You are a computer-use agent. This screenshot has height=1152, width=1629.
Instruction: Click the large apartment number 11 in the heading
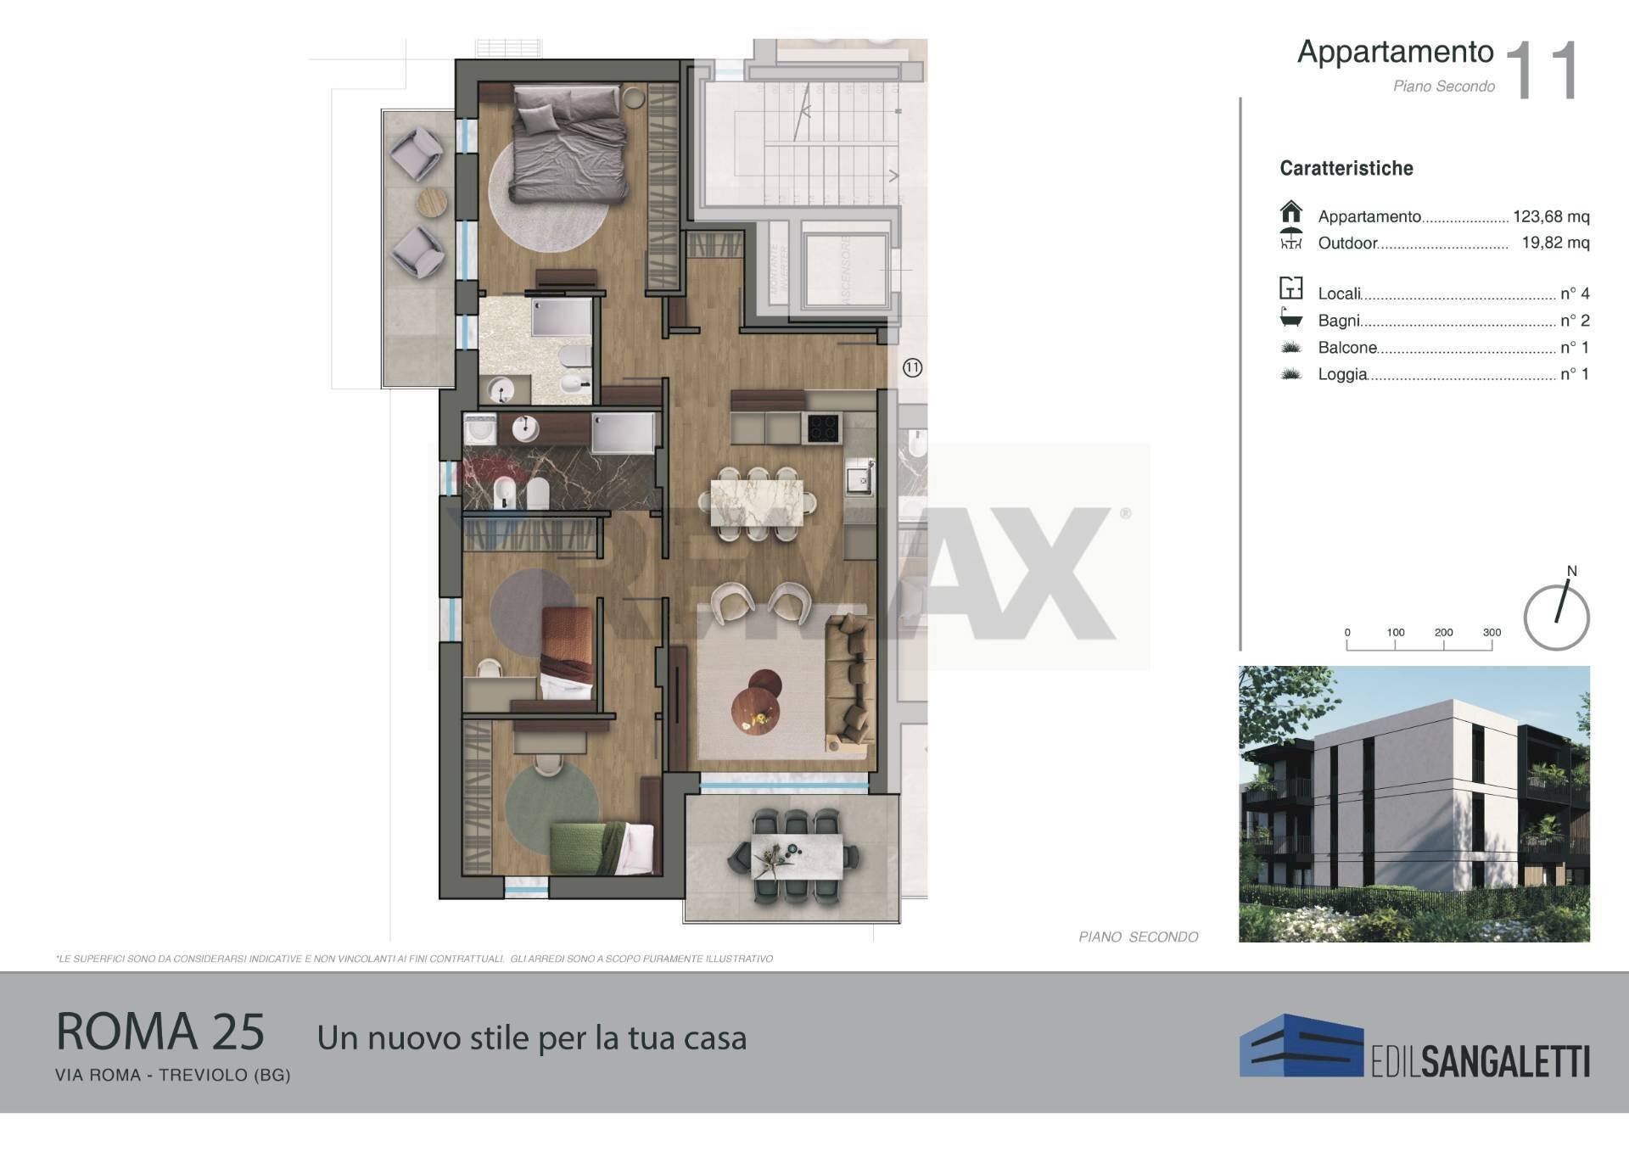point(1542,72)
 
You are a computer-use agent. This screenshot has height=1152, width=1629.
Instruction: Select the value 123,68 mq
point(1550,216)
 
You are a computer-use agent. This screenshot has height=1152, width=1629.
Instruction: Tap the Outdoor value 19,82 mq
point(1554,243)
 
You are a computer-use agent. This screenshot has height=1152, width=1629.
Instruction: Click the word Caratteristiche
point(1346,168)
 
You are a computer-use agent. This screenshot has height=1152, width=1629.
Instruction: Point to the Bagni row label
point(1338,321)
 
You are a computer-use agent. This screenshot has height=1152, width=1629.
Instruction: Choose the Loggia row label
point(1341,374)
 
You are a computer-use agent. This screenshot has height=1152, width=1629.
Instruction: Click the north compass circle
point(1556,618)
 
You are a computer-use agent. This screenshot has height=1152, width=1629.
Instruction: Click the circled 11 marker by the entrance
point(912,367)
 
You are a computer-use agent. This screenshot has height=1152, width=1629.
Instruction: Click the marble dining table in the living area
point(756,502)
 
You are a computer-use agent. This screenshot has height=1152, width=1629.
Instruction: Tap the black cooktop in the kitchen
point(820,427)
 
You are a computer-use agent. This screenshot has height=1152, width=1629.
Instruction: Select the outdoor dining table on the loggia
point(796,856)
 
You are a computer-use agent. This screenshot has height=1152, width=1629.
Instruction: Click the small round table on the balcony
point(432,201)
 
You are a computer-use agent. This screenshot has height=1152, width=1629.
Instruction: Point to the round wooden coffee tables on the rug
point(757,702)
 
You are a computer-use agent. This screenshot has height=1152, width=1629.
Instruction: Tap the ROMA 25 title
point(160,1032)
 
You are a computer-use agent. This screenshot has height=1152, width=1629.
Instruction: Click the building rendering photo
point(1413,803)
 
